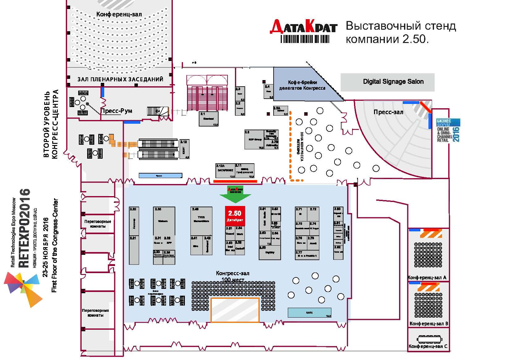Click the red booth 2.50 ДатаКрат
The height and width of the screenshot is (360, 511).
tap(235, 216)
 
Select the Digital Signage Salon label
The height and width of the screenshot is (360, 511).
tap(393, 82)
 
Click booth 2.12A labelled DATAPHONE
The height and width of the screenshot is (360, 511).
tap(225, 171)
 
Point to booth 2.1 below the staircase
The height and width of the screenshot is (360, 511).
tap(208, 119)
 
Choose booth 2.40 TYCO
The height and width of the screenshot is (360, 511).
tap(201, 221)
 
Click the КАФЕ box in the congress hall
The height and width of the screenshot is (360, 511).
tap(309, 313)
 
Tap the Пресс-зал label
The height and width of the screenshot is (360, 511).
tap(388, 112)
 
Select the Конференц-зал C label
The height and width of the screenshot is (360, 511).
tap(428, 346)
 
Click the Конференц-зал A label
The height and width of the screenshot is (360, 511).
tap(427, 278)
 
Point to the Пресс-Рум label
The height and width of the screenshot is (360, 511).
tap(117, 111)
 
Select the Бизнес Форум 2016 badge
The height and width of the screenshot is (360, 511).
tap(448, 130)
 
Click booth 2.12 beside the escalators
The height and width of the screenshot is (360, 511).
tap(185, 149)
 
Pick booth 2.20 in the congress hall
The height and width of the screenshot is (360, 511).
tap(134, 221)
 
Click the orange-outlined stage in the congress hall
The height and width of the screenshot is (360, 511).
tap(235, 310)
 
